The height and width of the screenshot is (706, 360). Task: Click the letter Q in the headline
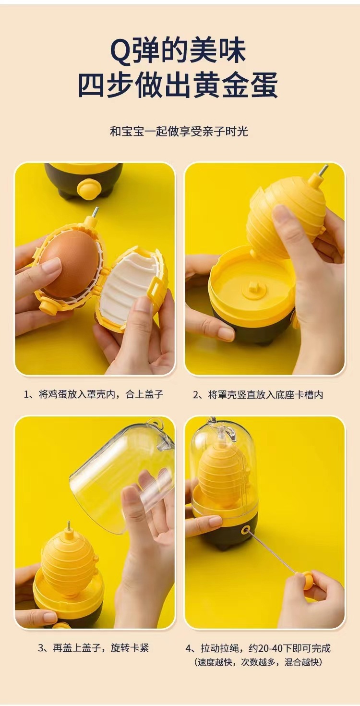coord(120,51)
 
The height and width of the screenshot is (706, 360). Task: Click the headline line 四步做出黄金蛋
coord(178,87)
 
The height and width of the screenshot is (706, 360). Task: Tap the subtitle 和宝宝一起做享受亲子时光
coord(179,131)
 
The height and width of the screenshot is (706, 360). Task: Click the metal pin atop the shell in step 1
coord(95,212)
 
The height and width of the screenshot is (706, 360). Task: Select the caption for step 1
coord(94,394)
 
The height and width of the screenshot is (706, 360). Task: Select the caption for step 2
coord(258,394)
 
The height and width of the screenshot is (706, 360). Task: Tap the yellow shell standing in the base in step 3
coord(68,562)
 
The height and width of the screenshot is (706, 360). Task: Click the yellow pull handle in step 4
coord(307,581)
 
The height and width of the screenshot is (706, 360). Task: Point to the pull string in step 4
coord(274,552)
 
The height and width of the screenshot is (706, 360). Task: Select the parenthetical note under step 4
coord(258,662)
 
